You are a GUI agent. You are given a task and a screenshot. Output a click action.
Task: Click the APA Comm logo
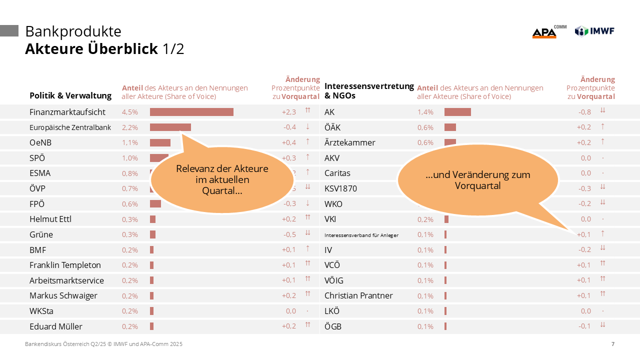[548, 32]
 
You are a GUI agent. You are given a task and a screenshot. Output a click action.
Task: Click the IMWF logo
[594, 31]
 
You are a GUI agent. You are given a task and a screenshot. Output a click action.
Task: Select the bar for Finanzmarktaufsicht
[191, 112]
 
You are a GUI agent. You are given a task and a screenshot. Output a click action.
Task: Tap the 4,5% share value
[130, 112]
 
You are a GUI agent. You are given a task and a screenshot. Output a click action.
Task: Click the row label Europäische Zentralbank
[70, 127]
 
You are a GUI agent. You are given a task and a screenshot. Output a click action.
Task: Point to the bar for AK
[457, 112]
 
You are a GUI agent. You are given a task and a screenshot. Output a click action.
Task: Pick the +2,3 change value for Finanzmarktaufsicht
[289, 112]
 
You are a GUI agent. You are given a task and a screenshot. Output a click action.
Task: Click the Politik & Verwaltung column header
[70, 95]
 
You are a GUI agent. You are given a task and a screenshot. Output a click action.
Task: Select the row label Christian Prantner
[358, 295]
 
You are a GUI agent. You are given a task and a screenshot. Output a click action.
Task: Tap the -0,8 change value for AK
[584, 112]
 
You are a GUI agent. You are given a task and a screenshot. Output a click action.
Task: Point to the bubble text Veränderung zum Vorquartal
[478, 180]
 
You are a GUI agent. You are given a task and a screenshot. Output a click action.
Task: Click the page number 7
[613, 344]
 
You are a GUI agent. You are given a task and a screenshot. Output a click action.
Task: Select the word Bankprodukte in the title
[73, 31]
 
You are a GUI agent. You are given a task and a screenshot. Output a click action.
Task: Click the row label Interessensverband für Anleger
[361, 235]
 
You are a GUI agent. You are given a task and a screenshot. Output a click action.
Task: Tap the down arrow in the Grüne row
[308, 233]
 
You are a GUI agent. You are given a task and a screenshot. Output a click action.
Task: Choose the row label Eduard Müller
[56, 326]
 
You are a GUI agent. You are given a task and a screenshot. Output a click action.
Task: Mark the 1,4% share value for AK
[425, 112]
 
